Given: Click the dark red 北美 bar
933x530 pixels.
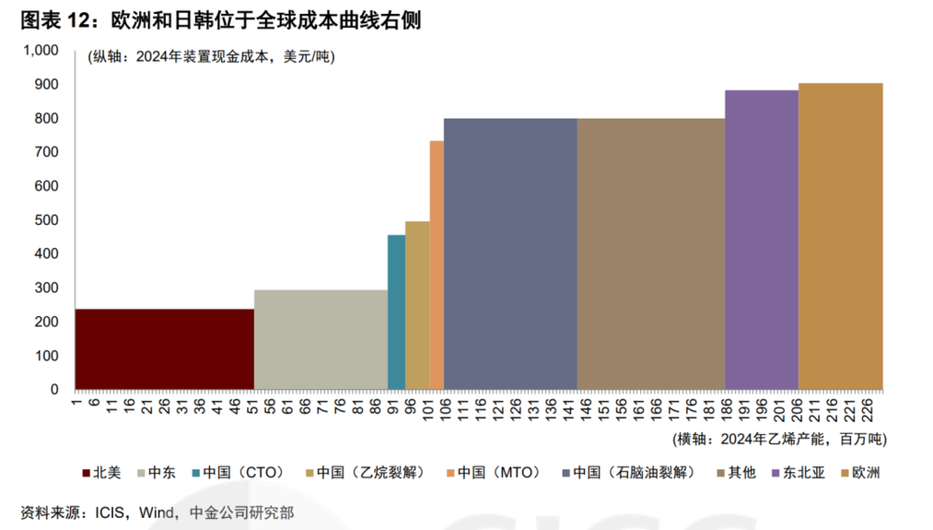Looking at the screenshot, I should (164, 349).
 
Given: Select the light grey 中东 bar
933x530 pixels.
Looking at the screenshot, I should (320, 339).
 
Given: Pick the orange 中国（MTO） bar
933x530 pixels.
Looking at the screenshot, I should (436, 265).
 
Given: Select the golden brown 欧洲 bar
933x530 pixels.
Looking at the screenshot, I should (840, 236).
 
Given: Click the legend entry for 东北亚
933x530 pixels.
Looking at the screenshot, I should (798, 473).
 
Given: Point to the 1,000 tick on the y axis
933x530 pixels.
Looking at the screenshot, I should (40, 50).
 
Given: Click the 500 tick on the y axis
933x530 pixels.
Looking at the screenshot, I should (47, 220).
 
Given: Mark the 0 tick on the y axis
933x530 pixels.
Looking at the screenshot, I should (55, 390).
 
